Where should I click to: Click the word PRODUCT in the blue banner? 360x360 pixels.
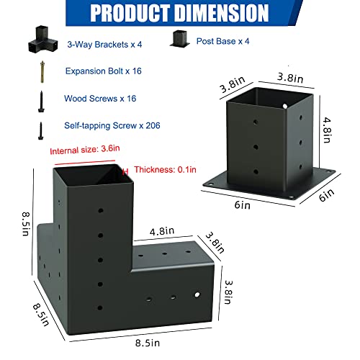click(x=130, y=13)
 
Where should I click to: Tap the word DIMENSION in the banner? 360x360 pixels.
click(x=221, y=13)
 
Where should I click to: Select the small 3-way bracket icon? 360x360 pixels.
click(x=43, y=39)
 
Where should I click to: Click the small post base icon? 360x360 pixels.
click(x=180, y=39)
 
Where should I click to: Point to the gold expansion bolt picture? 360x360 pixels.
click(x=42, y=72)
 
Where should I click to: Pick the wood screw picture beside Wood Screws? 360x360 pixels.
click(x=42, y=101)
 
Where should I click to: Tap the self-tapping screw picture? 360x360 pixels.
click(x=41, y=131)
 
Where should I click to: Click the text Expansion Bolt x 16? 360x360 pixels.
click(x=104, y=71)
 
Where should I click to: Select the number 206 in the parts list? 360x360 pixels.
click(x=153, y=125)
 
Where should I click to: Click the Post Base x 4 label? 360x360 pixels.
click(x=222, y=41)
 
